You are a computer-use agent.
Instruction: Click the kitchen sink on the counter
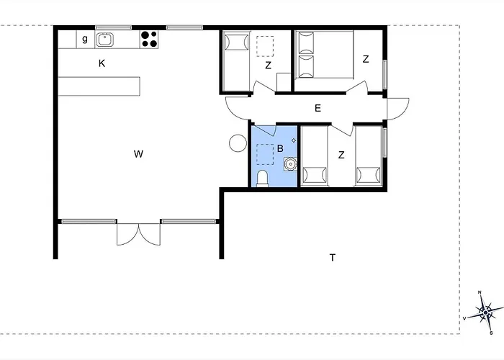pyautogui.click(x=104, y=40)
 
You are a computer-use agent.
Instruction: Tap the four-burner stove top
pyautogui.click(x=150, y=39)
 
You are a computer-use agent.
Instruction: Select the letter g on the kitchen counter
pyautogui.click(x=85, y=39)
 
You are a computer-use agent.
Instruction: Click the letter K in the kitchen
pyautogui.click(x=102, y=63)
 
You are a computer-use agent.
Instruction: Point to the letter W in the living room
pyautogui.click(x=138, y=154)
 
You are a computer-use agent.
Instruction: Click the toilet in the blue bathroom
pyautogui.click(x=263, y=178)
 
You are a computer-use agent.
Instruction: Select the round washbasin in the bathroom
pyautogui.click(x=290, y=164)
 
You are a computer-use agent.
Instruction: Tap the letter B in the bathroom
pyautogui.click(x=280, y=148)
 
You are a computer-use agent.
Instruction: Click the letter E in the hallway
pyautogui.click(x=318, y=108)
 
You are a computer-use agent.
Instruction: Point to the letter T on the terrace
pyautogui.click(x=333, y=258)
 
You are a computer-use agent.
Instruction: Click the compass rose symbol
pyautogui.click(x=485, y=312)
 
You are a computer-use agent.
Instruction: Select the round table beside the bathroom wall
pyautogui.click(x=238, y=143)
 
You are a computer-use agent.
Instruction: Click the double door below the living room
pyautogui.click(x=138, y=233)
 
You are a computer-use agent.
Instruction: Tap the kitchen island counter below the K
pyautogui.click(x=99, y=86)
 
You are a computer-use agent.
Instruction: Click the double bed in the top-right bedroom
pyautogui.click(x=324, y=55)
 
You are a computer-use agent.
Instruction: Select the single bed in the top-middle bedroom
pyautogui.click(x=236, y=61)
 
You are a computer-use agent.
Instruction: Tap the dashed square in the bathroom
pyautogui.click(x=265, y=155)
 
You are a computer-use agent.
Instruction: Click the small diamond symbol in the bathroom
pyautogui.click(x=294, y=140)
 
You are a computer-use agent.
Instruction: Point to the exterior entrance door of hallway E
pyautogui.click(x=398, y=109)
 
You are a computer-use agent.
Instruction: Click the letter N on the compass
pyautogui.click(x=480, y=292)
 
